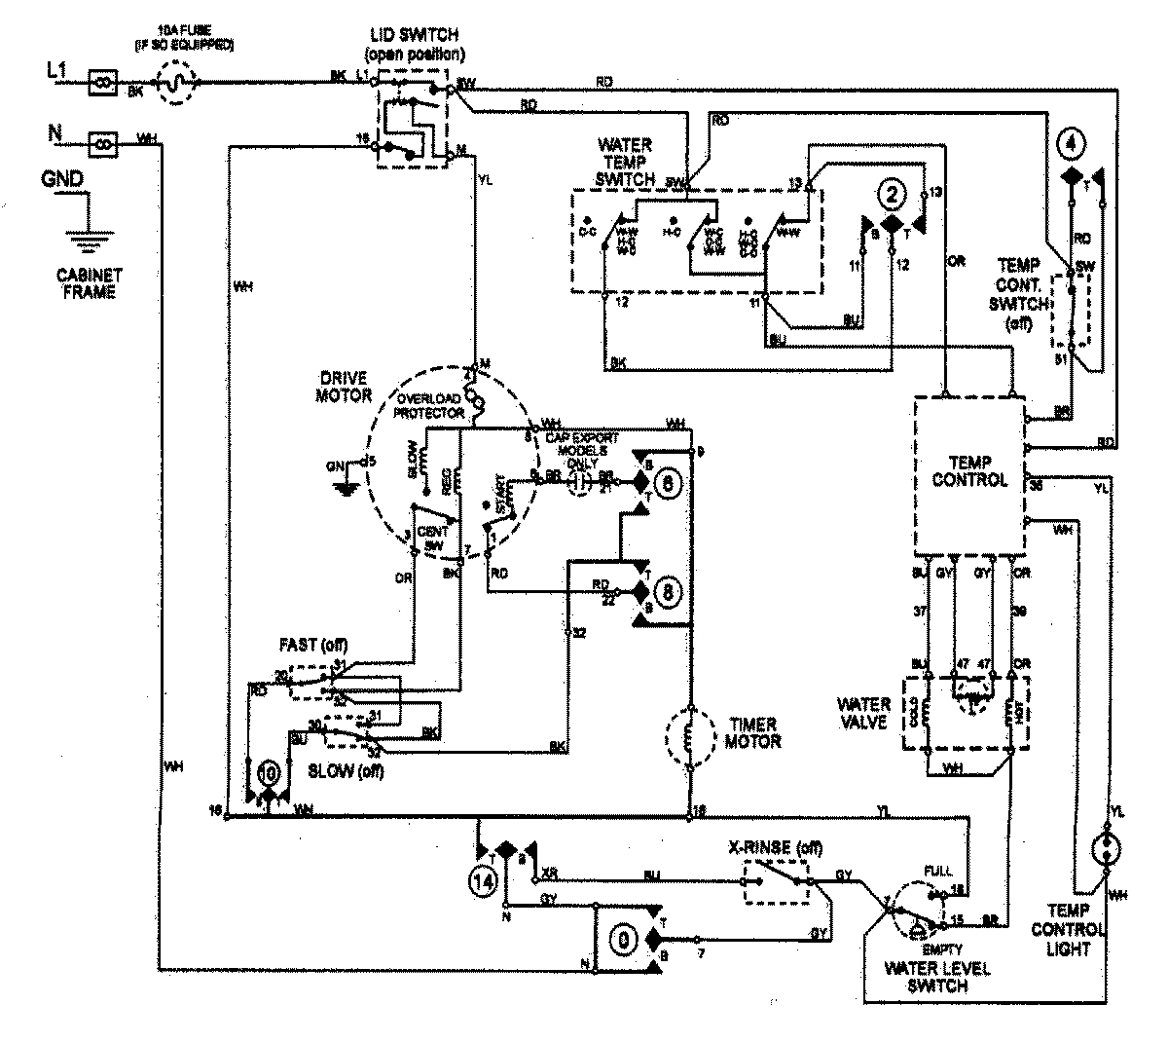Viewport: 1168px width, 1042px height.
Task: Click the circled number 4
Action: coord(1071,144)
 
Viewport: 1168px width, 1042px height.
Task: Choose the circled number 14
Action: coord(484,878)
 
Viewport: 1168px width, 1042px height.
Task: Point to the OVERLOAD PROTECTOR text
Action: coord(428,405)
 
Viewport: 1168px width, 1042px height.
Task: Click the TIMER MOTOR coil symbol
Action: coord(689,741)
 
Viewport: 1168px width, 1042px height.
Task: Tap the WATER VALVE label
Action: coord(865,713)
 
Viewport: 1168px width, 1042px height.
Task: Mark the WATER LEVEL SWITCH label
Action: coord(937,977)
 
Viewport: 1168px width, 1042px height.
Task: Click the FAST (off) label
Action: coord(313,646)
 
